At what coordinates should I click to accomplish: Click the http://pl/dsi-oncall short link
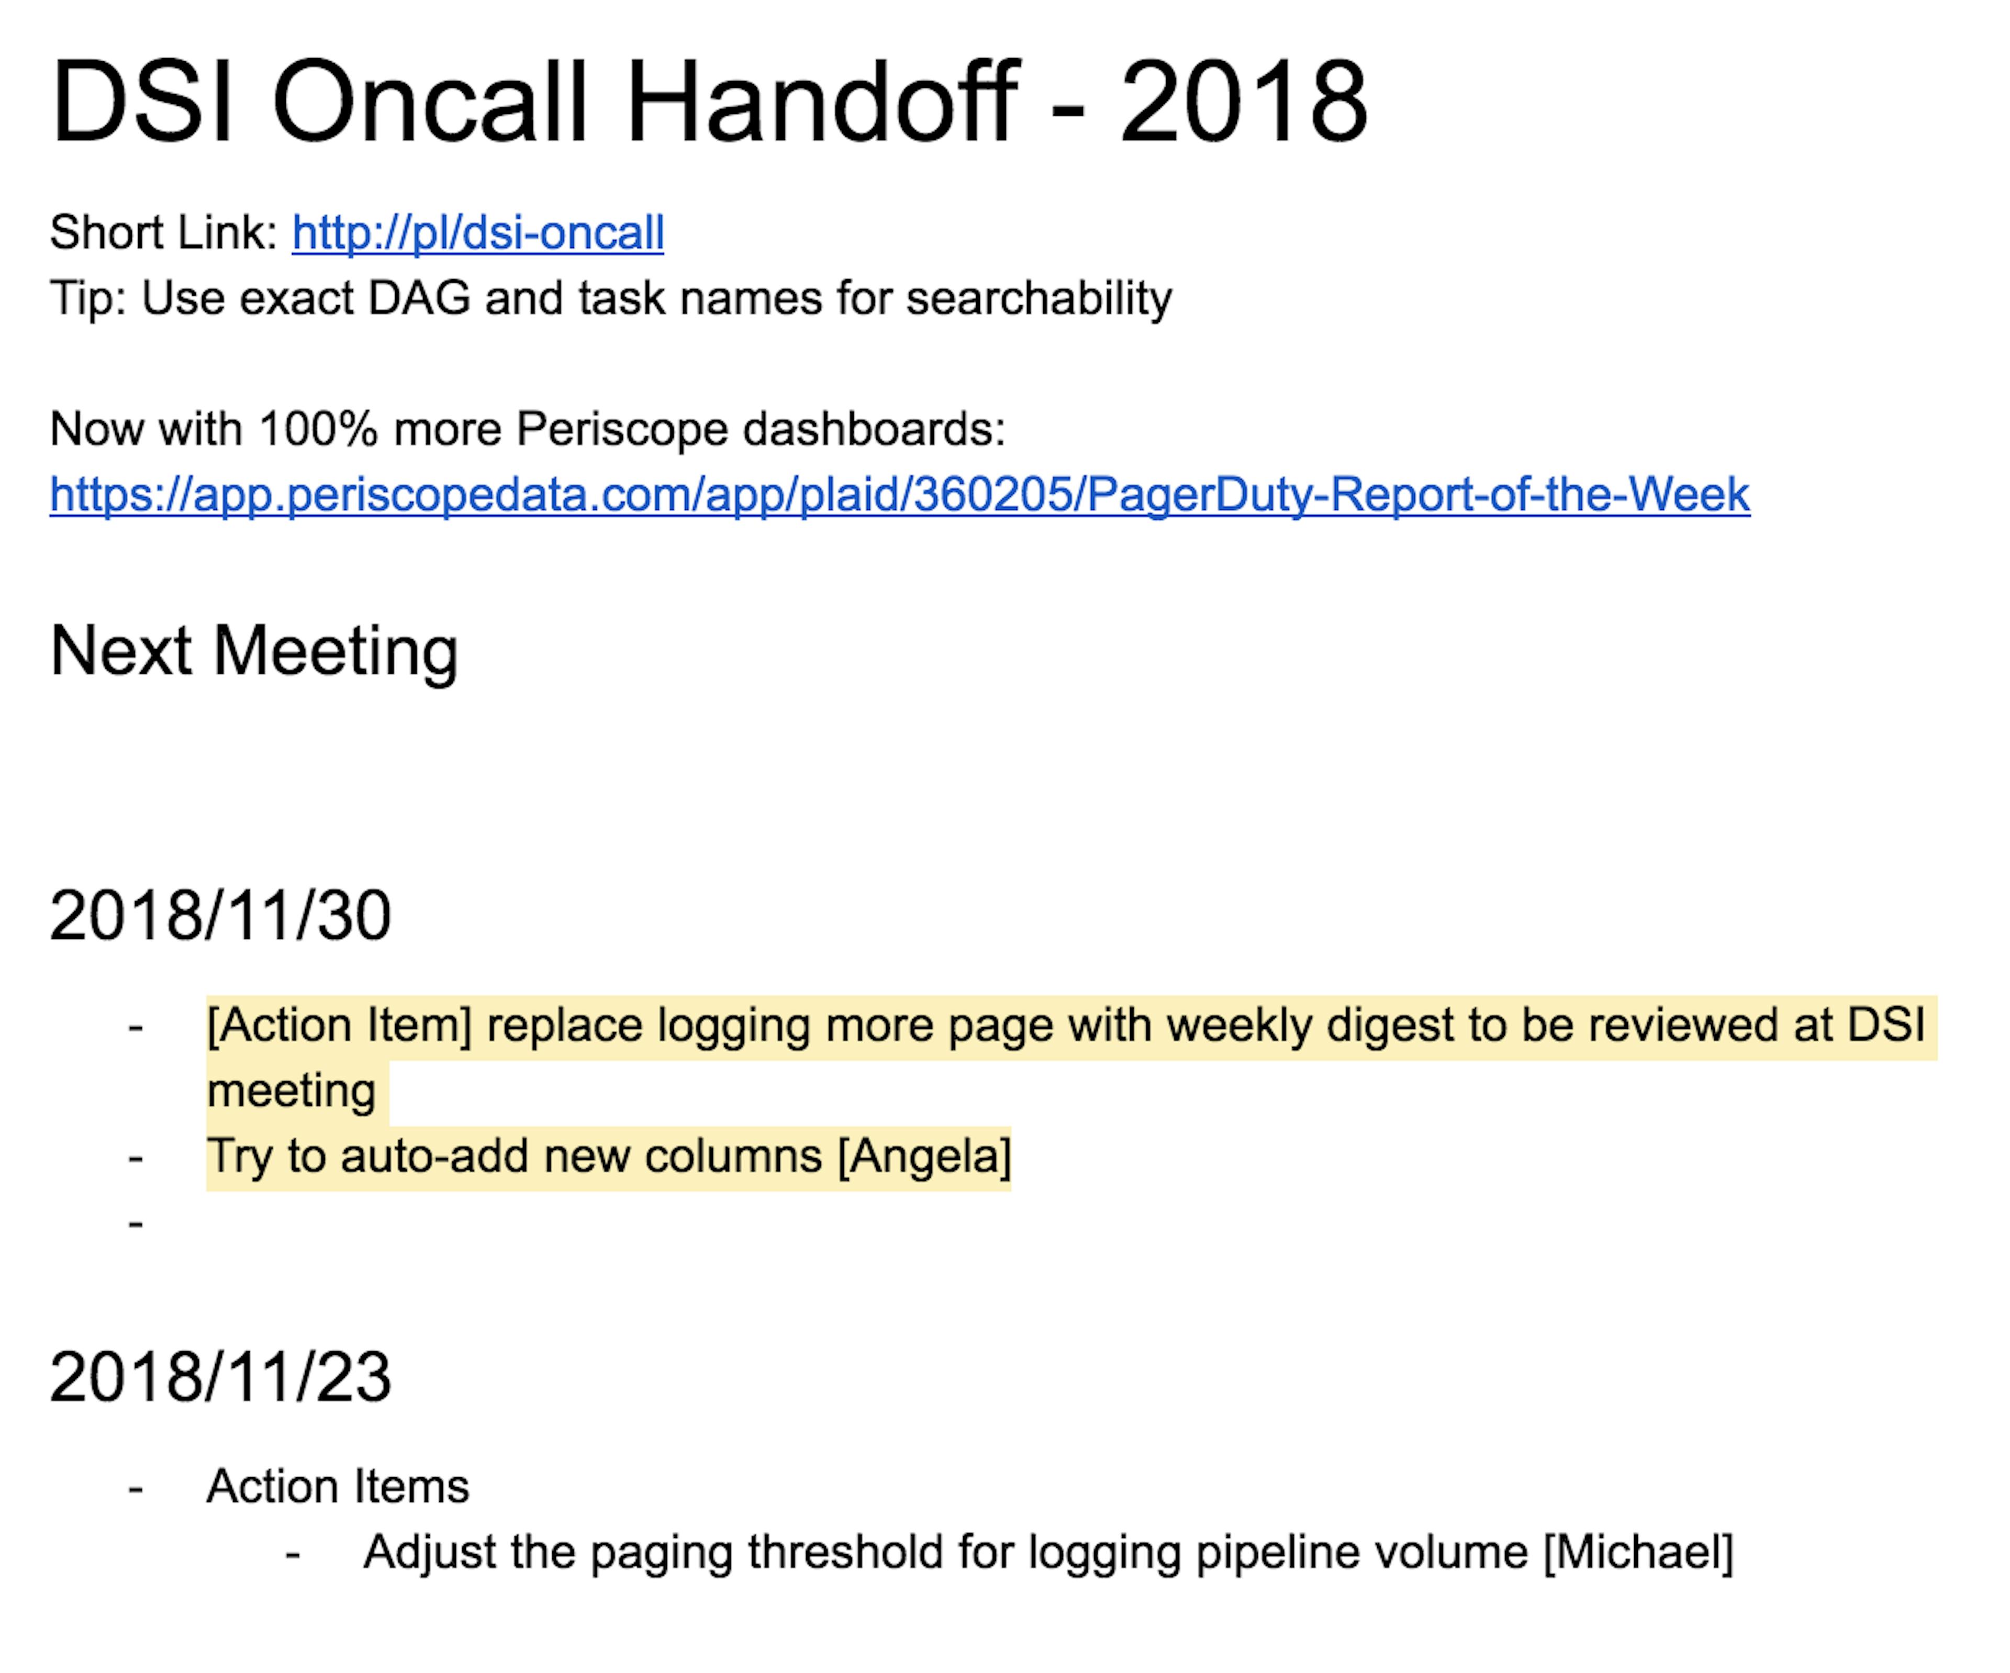(477, 232)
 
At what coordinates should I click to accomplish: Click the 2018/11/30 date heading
(220, 916)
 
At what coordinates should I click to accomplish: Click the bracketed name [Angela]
(924, 1156)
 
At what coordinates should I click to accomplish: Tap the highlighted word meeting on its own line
(291, 1091)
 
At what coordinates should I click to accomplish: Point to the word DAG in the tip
(419, 298)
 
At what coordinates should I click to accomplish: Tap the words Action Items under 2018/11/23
(338, 1486)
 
